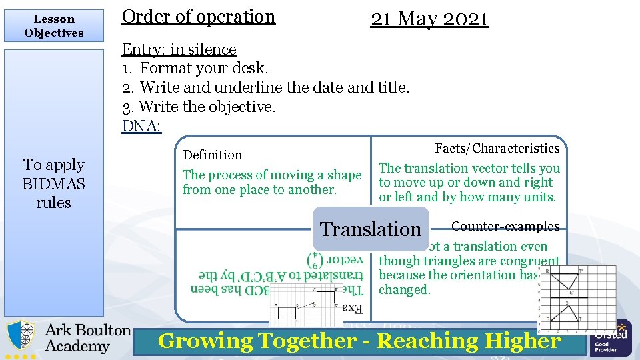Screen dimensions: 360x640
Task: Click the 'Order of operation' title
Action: (198, 17)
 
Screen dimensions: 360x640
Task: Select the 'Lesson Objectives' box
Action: (53, 26)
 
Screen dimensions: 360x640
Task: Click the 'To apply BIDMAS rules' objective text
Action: (53, 183)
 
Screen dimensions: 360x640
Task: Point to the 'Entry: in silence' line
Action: (179, 49)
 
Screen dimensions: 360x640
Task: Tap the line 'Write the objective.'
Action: (198, 107)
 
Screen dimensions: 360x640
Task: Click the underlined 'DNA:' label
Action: (141, 126)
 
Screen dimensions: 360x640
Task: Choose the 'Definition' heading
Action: (213, 155)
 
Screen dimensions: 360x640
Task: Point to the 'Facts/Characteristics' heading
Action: (497, 148)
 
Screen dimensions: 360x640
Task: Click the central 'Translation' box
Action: (371, 229)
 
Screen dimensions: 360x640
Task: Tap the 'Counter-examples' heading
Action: (505, 226)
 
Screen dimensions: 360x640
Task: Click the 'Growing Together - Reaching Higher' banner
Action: (360, 341)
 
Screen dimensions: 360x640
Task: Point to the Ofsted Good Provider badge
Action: (610, 337)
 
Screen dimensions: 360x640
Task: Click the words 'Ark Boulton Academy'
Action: (87, 338)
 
